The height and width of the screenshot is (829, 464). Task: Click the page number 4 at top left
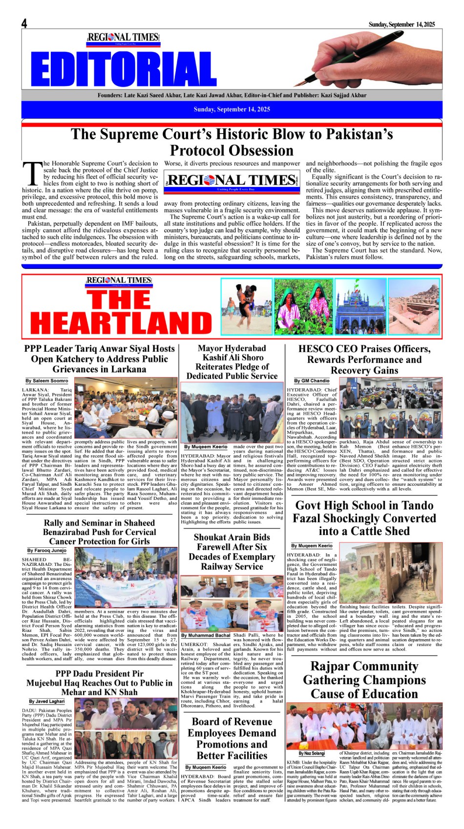pos(24,24)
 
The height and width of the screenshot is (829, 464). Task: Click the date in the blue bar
pos(232,109)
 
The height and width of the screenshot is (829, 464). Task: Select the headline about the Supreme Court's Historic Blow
pos(232,142)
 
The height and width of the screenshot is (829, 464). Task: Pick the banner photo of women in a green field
pos(303,306)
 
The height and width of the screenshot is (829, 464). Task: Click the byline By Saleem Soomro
pos(47,381)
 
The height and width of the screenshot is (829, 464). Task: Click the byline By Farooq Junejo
pos(47,550)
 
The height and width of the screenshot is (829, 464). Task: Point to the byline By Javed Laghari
pos(46,701)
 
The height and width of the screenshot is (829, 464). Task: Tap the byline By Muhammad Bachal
pos(206,635)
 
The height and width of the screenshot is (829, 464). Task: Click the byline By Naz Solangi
pos(312,754)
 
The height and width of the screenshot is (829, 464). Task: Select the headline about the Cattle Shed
pos(364,518)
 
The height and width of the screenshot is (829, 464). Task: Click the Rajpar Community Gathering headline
pos(364,680)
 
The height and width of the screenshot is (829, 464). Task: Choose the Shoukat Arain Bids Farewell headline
pos(232,552)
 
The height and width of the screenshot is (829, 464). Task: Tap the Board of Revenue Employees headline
pos(232,739)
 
